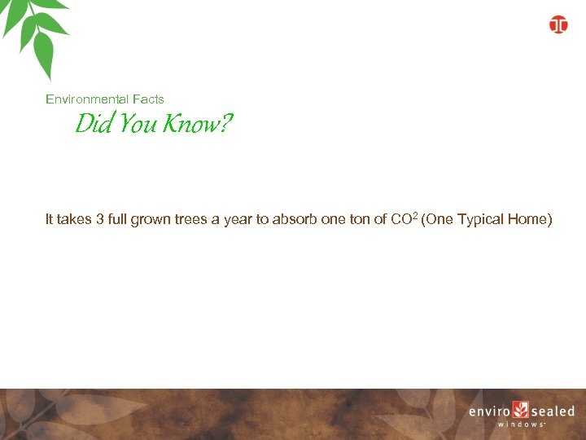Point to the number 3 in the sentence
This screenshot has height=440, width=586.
click(100, 219)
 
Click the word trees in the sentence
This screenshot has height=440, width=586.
click(190, 219)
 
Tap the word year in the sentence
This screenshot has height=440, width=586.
click(237, 219)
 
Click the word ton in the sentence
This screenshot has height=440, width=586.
click(361, 219)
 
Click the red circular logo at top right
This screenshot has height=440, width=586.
click(558, 24)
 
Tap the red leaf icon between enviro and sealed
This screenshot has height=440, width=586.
click(521, 410)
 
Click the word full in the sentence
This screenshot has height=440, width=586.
click(119, 219)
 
